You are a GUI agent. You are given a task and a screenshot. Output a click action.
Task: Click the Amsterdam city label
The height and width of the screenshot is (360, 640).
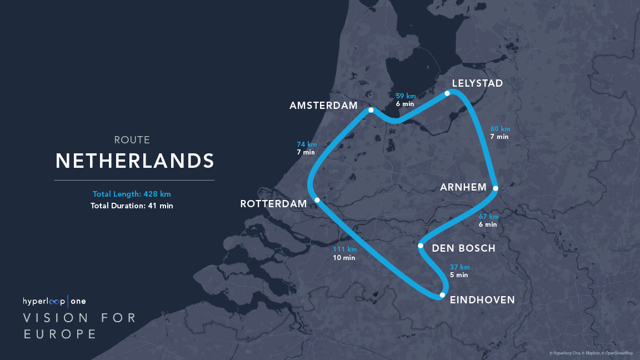click(x=323, y=106)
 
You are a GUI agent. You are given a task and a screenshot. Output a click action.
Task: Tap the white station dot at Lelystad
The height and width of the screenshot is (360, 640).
click(x=447, y=93)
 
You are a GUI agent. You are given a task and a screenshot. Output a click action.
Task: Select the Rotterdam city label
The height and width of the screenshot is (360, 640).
click(x=273, y=204)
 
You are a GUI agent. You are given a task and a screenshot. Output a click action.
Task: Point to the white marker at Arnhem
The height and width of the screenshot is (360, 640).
click(x=496, y=188)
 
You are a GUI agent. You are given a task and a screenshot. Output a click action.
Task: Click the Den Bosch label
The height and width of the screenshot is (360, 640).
click(x=463, y=248)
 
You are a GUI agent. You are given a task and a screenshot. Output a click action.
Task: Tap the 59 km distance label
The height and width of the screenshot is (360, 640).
click(x=406, y=96)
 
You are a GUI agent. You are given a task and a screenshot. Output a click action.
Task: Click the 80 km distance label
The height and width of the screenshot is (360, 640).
click(x=500, y=129)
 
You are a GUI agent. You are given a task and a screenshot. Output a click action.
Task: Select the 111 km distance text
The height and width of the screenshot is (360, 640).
click(x=344, y=249)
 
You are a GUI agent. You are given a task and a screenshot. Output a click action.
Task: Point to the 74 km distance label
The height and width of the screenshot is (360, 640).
click(x=307, y=144)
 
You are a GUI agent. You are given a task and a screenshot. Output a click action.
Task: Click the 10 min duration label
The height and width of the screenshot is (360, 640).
click(x=344, y=258)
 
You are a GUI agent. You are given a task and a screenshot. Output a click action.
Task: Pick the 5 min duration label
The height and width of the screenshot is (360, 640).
click(x=459, y=275)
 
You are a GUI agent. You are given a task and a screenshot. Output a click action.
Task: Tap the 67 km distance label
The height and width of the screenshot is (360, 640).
click(x=489, y=216)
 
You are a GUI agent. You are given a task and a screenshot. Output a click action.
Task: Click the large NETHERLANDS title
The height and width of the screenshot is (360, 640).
click(x=135, y=161)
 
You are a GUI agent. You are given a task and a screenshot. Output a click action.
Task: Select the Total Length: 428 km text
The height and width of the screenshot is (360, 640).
click(x=132, y=194)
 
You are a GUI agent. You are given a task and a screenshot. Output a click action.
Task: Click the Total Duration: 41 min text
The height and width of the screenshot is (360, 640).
click(x=132, y=206)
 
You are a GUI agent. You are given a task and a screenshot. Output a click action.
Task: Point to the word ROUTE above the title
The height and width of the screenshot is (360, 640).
click(x=132, y=140)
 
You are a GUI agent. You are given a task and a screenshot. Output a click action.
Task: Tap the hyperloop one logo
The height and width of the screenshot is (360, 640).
click(x=54, y=301)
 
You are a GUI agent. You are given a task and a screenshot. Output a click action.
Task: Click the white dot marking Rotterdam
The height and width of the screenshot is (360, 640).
click(x=317, y=200)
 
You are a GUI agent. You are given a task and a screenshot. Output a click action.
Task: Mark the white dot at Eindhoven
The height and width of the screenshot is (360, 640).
click(x=442, y=295)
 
